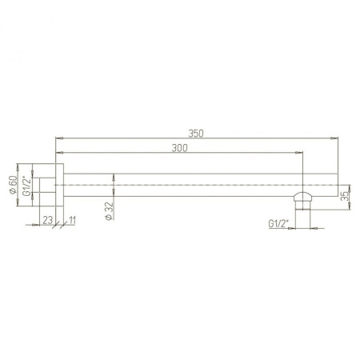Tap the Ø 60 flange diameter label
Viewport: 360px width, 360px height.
tap(13, 186)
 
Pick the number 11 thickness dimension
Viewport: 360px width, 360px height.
tap(73, 219)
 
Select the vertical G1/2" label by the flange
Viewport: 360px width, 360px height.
tap(26, 186)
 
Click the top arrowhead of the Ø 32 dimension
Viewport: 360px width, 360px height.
tap(117, 177)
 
